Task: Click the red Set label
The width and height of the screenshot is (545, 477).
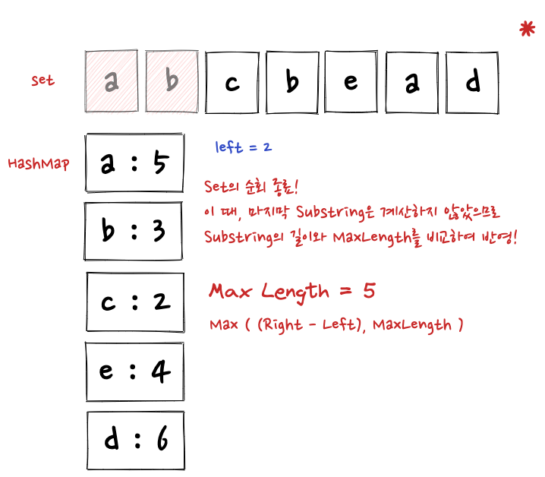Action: tap(43, 80)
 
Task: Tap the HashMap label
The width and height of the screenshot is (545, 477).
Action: tap(39, 163)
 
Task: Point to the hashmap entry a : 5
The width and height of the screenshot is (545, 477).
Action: tap(134, 163)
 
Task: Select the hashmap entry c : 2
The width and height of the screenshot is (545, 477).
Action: tap(135, 302)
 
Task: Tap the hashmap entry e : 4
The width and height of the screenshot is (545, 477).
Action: tap(135, 371)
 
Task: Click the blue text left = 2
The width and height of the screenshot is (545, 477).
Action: tap(244, 147)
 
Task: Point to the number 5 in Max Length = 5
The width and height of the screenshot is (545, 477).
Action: tap(369, 291)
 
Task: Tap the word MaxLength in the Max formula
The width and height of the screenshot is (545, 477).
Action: tap(412, 325)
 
